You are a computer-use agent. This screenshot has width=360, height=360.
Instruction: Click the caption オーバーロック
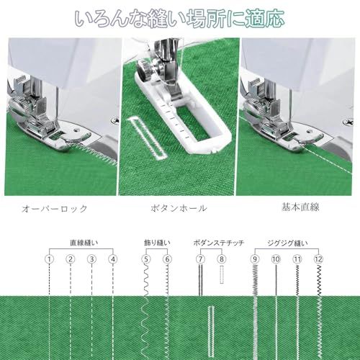click(55, 208)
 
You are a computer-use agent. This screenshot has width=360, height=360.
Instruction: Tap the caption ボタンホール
click(179, 208)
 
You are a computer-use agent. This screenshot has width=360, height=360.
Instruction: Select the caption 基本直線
click(300, 207)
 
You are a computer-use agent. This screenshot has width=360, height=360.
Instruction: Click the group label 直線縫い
click(84, 243)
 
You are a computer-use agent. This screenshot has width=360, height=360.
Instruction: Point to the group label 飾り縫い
click(157, 243)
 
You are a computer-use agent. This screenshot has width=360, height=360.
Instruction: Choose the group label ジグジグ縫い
click(287, 243)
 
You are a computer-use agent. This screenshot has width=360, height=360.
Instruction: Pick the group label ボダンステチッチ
click(219, 243)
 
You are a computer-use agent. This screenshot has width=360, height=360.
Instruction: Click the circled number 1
click(49, 259)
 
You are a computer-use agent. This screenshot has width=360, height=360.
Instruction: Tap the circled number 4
click(113, 259)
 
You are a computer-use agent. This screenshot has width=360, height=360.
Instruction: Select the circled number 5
click(146, 259)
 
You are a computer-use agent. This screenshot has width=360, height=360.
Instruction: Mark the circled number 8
click(222, 259)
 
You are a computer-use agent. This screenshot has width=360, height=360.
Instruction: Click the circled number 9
click(255, 259)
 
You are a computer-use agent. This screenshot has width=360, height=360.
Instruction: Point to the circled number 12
click(319, 259)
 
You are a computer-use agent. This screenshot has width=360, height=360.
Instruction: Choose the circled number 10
click(276, 259)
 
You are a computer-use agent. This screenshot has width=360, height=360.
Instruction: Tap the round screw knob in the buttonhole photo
click(144, 70)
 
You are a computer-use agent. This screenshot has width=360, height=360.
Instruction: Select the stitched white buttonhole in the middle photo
click(147, 138)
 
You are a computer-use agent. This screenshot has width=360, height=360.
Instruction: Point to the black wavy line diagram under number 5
click(146, 280)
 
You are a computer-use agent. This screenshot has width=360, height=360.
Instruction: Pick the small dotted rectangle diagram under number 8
click(222, 274)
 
